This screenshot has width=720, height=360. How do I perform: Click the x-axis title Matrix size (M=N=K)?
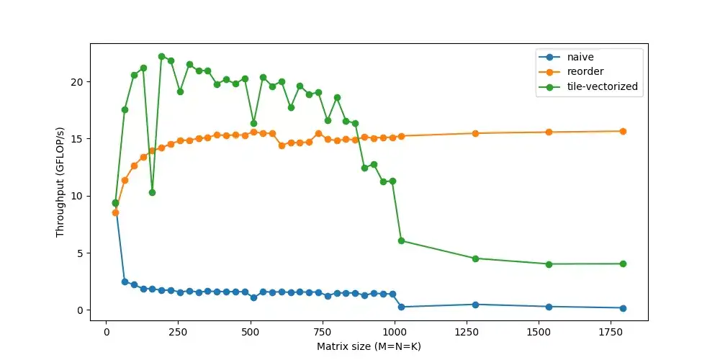369,346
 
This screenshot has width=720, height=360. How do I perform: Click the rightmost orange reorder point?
623,131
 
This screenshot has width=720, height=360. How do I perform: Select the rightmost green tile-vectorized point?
623,264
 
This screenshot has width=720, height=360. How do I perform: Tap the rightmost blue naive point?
623,308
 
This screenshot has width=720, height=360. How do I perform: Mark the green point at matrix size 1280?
475,258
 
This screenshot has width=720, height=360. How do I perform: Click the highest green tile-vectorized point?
161,56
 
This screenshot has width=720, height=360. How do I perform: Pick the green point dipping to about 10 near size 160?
152,192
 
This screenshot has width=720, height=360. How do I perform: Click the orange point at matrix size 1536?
549,132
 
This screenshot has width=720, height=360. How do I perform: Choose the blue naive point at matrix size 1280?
475,305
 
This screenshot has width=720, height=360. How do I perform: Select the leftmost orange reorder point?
115,212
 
